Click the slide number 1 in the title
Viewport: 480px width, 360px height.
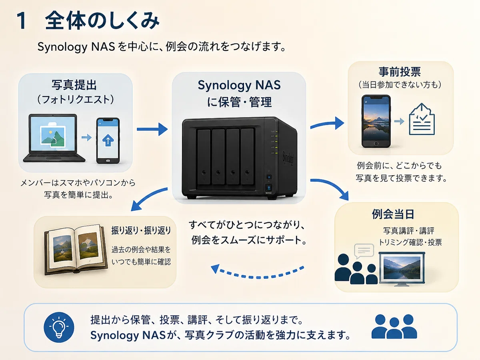tap(22, 20)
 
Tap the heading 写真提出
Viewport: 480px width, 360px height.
tap(74, 85)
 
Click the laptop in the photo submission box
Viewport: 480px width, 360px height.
tap(54, 138)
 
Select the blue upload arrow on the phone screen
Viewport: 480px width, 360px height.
tap(108, 140)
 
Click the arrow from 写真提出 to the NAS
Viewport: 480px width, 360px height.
tap(152, 129)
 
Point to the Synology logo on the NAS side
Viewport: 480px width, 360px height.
tap(288, 158)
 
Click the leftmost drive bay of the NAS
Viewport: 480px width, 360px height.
tap(204, 157)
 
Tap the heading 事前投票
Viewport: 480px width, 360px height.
tap(400, 72)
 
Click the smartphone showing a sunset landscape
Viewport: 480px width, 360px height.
tap(376, 121)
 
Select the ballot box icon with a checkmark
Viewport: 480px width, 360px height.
tap(422, 119)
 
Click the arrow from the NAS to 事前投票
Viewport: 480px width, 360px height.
tap(327, 124)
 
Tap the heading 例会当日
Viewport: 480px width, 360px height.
tap(393, 214)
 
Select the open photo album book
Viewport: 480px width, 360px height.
tap(76, 249)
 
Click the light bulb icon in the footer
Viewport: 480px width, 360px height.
tap(59, 327)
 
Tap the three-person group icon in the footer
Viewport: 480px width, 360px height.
tap(394, 326)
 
